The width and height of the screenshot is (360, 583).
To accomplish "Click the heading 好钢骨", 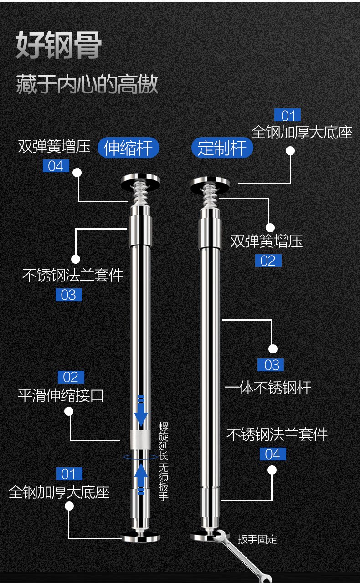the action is [59, 45].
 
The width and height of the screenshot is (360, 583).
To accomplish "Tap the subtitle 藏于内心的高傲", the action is [87, 84].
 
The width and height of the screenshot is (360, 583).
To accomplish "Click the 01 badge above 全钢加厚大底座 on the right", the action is [288, 115].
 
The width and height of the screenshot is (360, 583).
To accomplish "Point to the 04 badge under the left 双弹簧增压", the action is [56, 166].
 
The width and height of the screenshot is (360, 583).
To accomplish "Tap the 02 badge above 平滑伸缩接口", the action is [71, 377].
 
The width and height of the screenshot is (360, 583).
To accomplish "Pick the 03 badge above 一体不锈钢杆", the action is [271, 365].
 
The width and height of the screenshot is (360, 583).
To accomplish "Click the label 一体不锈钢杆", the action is [268, 388].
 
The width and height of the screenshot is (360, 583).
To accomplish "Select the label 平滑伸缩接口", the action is [61, 396].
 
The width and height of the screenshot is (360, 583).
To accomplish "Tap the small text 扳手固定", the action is [257, 539].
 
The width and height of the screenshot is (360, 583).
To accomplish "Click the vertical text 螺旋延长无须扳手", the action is [164, 461].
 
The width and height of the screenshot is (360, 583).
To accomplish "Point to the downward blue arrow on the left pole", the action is [141, 411].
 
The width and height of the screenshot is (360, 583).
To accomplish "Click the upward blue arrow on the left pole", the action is [141, 479].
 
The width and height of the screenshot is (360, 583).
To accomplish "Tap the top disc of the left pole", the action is [140, 181].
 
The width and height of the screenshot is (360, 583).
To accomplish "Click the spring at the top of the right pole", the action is [209, 196].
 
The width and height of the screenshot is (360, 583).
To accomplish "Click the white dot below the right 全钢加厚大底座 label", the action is [290, 151].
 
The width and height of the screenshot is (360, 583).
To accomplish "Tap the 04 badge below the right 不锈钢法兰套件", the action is [273, 454].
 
